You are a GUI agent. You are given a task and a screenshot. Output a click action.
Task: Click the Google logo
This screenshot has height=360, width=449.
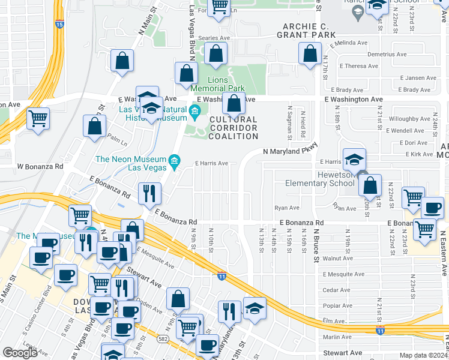(x=20, y=353)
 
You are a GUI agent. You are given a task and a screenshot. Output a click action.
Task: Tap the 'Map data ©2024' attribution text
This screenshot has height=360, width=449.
(x=423, y=355)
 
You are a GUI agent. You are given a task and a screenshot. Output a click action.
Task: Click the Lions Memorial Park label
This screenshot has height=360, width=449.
(x=226, y=84)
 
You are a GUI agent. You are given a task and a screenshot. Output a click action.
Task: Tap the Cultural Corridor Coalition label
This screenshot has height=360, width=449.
(x=234, y=128)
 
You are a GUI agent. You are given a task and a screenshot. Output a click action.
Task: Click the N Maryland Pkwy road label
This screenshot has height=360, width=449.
(x=289, y=152)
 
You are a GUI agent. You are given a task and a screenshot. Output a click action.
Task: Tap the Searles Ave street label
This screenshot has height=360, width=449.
(x=218, y=37)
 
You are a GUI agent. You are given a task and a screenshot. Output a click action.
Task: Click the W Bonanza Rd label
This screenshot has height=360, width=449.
(x=40, y=166)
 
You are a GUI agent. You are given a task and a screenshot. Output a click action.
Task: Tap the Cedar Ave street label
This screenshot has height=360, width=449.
(x=336, y=289)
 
